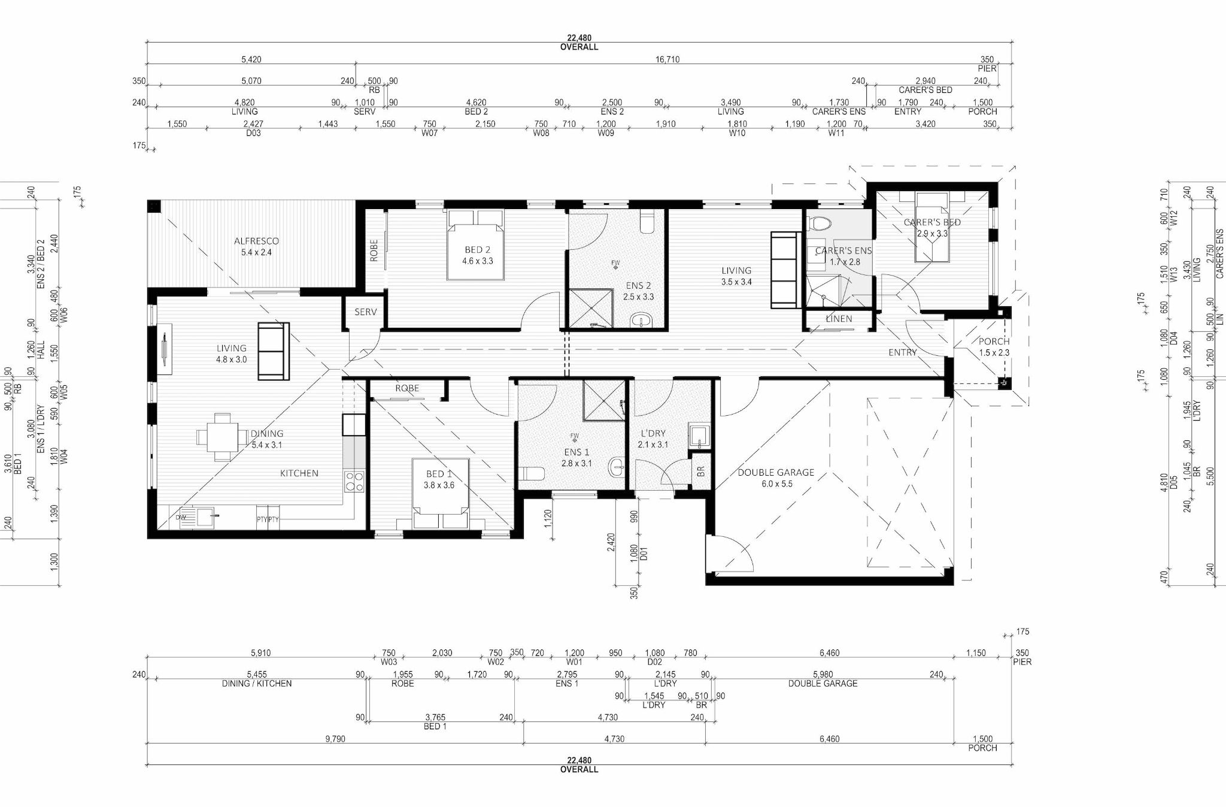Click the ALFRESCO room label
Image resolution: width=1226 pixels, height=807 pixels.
coord(256,241)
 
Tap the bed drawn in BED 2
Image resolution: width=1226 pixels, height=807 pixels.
coord(476,244)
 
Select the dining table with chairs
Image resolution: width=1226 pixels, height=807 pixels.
coord(222,437)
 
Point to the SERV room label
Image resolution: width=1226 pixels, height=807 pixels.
coord(365,312)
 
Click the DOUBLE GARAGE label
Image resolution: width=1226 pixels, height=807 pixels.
coord(776,472)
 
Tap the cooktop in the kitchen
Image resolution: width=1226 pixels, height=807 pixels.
coord(354,482)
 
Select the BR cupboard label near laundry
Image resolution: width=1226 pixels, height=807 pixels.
coord(701,471)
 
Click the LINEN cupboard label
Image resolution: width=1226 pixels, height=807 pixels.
coord(839,319)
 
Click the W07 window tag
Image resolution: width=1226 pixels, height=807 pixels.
coord(429,133)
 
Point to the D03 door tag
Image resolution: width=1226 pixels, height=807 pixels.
coord(253,133)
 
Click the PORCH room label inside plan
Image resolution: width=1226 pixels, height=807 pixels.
coord(994,341)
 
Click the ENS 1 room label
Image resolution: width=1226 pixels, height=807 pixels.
coord(576,452)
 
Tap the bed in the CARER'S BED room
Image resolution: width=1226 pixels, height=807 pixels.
coord(931,228)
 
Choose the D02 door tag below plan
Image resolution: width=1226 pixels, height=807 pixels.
coord(654,662)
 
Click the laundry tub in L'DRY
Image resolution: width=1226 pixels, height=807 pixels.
coord(699,436)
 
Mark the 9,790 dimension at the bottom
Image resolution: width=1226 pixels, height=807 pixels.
coord(335,739)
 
